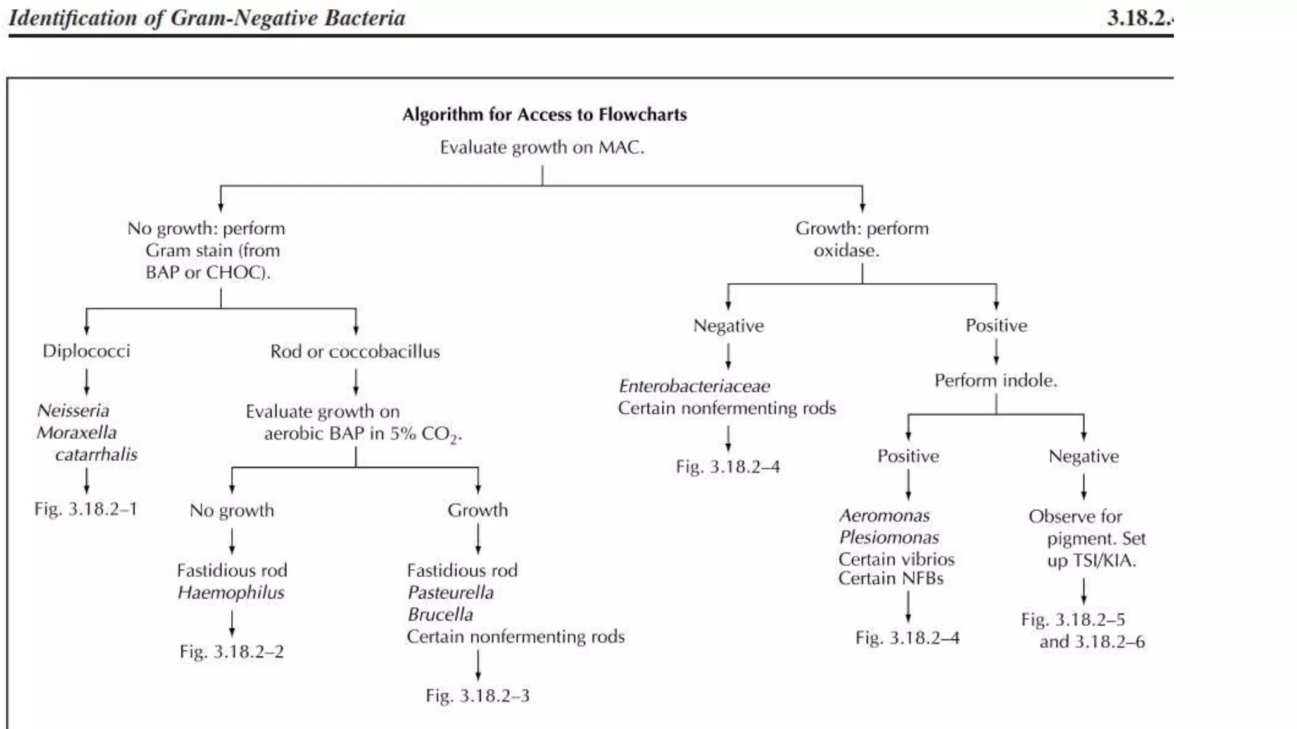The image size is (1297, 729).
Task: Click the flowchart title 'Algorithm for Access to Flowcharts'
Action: coord(544,115)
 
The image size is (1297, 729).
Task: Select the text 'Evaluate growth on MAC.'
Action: coord(542,147)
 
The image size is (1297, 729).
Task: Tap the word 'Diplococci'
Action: coord(86,351)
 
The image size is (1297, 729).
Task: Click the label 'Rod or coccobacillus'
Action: coord(355,351)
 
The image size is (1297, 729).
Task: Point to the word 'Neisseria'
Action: coord(73,410)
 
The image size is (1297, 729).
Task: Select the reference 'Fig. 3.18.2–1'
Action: coord(85,509)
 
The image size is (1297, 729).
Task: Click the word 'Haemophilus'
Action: coord(231,592)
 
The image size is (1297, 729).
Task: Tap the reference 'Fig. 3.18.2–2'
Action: coord(231,652)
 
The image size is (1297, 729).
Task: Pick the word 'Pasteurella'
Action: coord(450,592)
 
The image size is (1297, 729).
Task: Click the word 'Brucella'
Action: coord(440,614)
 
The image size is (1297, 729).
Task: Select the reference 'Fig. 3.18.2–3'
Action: coord(478,695)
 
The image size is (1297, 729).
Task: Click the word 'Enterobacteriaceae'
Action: coord(694,386)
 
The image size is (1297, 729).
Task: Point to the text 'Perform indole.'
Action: coord(996,380)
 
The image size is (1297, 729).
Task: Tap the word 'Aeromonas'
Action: coord(884,516)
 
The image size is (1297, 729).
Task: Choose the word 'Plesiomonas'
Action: coord(889,537)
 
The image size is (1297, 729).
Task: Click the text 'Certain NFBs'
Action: coord(890,578)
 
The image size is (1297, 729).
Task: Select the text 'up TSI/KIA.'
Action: coord(1091,561)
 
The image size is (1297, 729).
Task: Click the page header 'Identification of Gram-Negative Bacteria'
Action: coord(207,18)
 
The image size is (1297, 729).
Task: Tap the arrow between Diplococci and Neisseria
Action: coord(87,382)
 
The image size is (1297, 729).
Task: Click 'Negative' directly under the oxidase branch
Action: coord(728,325)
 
